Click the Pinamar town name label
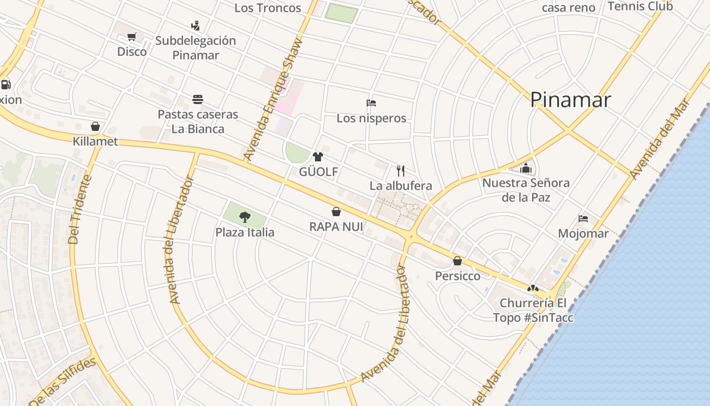pos(571,99)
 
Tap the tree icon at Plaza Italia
pos(245,217)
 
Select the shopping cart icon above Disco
pos(132,37)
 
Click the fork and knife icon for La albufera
pos(400,170)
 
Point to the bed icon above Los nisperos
pos(371,103)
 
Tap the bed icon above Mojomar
pos(583,219)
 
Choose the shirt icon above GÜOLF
pos(318,156)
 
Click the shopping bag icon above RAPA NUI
pos(336,211)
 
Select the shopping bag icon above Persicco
pos(457,261)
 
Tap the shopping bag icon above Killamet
pos(95,126)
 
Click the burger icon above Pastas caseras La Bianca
pos(197,99)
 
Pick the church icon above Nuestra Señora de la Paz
pos(526,168)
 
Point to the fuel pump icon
pos(6,84)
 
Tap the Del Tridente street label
pos(81,209)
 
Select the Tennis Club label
pos(640,6)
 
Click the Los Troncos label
pos(268,8)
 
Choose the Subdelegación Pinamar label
pos(196,48)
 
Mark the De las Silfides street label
pos(62,381)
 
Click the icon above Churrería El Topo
pos(532,288)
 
